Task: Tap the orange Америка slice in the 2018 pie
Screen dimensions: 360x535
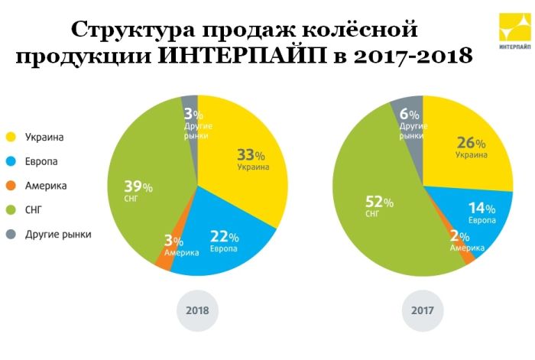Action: [164, 261]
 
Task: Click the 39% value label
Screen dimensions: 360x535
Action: [138, 187]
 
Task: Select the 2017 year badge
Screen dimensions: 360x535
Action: [423, 311]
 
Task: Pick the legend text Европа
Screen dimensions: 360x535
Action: [42, 162]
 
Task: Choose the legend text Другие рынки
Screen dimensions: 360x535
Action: [58, 234]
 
